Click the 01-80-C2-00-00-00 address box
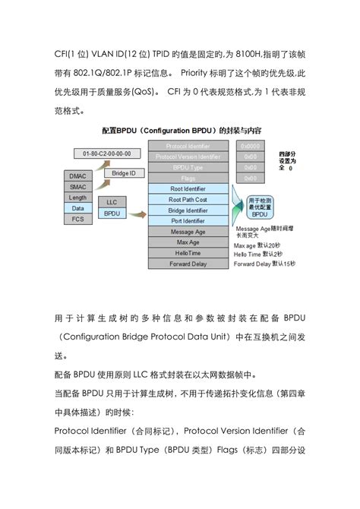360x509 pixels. [x=107, y=153]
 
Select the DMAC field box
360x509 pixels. [x=77, y=175]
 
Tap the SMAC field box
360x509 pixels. [x=77, y=185]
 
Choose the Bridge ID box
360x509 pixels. [x=122, y=174]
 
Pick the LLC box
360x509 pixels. [x=112, y=203]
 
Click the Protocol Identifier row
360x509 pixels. [x=188, y=146]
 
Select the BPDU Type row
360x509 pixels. [x=188, y=167]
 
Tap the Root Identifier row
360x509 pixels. [x=188, y=188]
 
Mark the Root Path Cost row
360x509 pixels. [x=188, y=199]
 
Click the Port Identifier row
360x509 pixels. [x=188, y=220]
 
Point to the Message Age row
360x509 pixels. [x=188, y=232]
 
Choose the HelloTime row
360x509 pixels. [x=188, y=253]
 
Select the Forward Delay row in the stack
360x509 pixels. [x=188, y=264]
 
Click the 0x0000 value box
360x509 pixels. [x=249, y=146]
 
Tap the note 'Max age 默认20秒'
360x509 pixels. [x=263, y=246]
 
